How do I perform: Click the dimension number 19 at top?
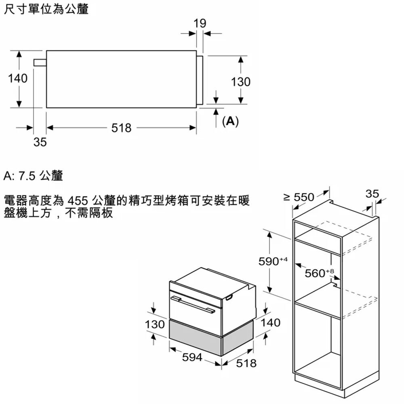(200, 24)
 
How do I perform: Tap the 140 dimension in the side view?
(18, 78)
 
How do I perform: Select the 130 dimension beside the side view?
(241, 82)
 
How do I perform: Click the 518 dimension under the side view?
(121, 128)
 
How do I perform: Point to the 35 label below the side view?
(40, 142)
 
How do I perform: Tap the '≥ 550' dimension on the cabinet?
(299, 198)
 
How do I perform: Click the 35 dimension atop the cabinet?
(372, 194)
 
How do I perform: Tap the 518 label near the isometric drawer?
(246, 363)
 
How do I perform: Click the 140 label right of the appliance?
(270, 323)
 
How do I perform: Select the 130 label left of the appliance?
(155, 324)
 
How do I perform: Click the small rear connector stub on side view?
(40, 62)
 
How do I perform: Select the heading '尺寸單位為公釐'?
(46, 9)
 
